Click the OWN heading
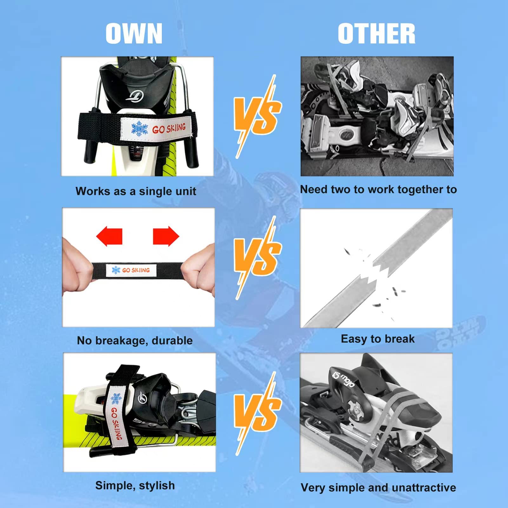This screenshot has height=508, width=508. [x=134, y=34]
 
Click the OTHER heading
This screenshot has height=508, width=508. [x=377, y=34]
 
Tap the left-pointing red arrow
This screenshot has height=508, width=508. [x=109, y=236]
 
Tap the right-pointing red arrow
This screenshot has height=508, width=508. [x=166, y=236]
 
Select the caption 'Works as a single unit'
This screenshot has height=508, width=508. [x=136, y=191]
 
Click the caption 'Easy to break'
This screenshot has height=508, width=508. [x=378, y=339]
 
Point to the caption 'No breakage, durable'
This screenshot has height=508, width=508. [x=135, y=340]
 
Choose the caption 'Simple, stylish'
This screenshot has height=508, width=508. [x=135, y=485]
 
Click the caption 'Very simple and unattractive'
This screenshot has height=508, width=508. [x=378, y=487]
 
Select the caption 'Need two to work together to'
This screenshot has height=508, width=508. [x=378, y=189]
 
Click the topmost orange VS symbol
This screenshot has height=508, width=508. [x=258, y=116]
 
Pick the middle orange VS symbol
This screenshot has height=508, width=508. [x=258, y=258]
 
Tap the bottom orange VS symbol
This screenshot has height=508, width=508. [x=258, y=413]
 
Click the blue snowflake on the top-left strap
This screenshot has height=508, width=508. [x=140, y=129]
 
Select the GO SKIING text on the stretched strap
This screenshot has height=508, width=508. [x=136, y=270]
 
